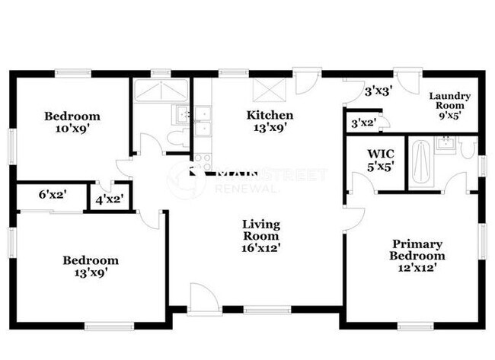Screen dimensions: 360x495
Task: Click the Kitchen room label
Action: pos(270,122)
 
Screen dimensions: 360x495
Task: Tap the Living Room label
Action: pos(261,236)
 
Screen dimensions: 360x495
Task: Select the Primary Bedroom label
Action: pos(417,250)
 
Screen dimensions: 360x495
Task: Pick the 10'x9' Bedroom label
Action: pos(72,123)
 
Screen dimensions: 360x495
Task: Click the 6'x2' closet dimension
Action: pos(52,195)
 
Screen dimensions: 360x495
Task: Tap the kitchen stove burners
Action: pos(202,160)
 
